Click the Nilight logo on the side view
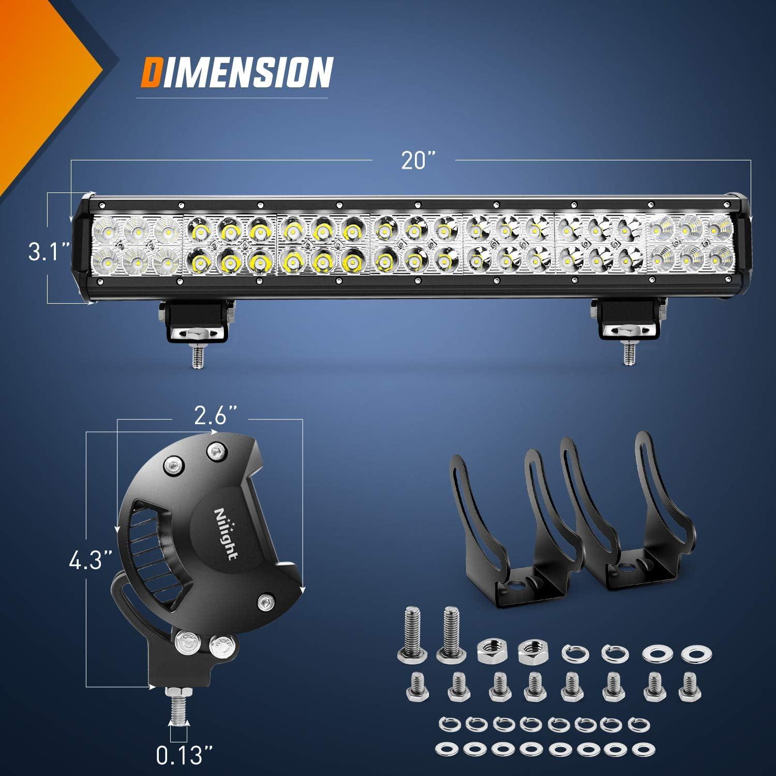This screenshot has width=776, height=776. click(226, 533)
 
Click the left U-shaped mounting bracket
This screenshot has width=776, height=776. click(512, 528)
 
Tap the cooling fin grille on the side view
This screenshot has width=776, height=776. click(150, 554)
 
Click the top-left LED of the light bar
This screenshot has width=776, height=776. click(107, 228)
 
